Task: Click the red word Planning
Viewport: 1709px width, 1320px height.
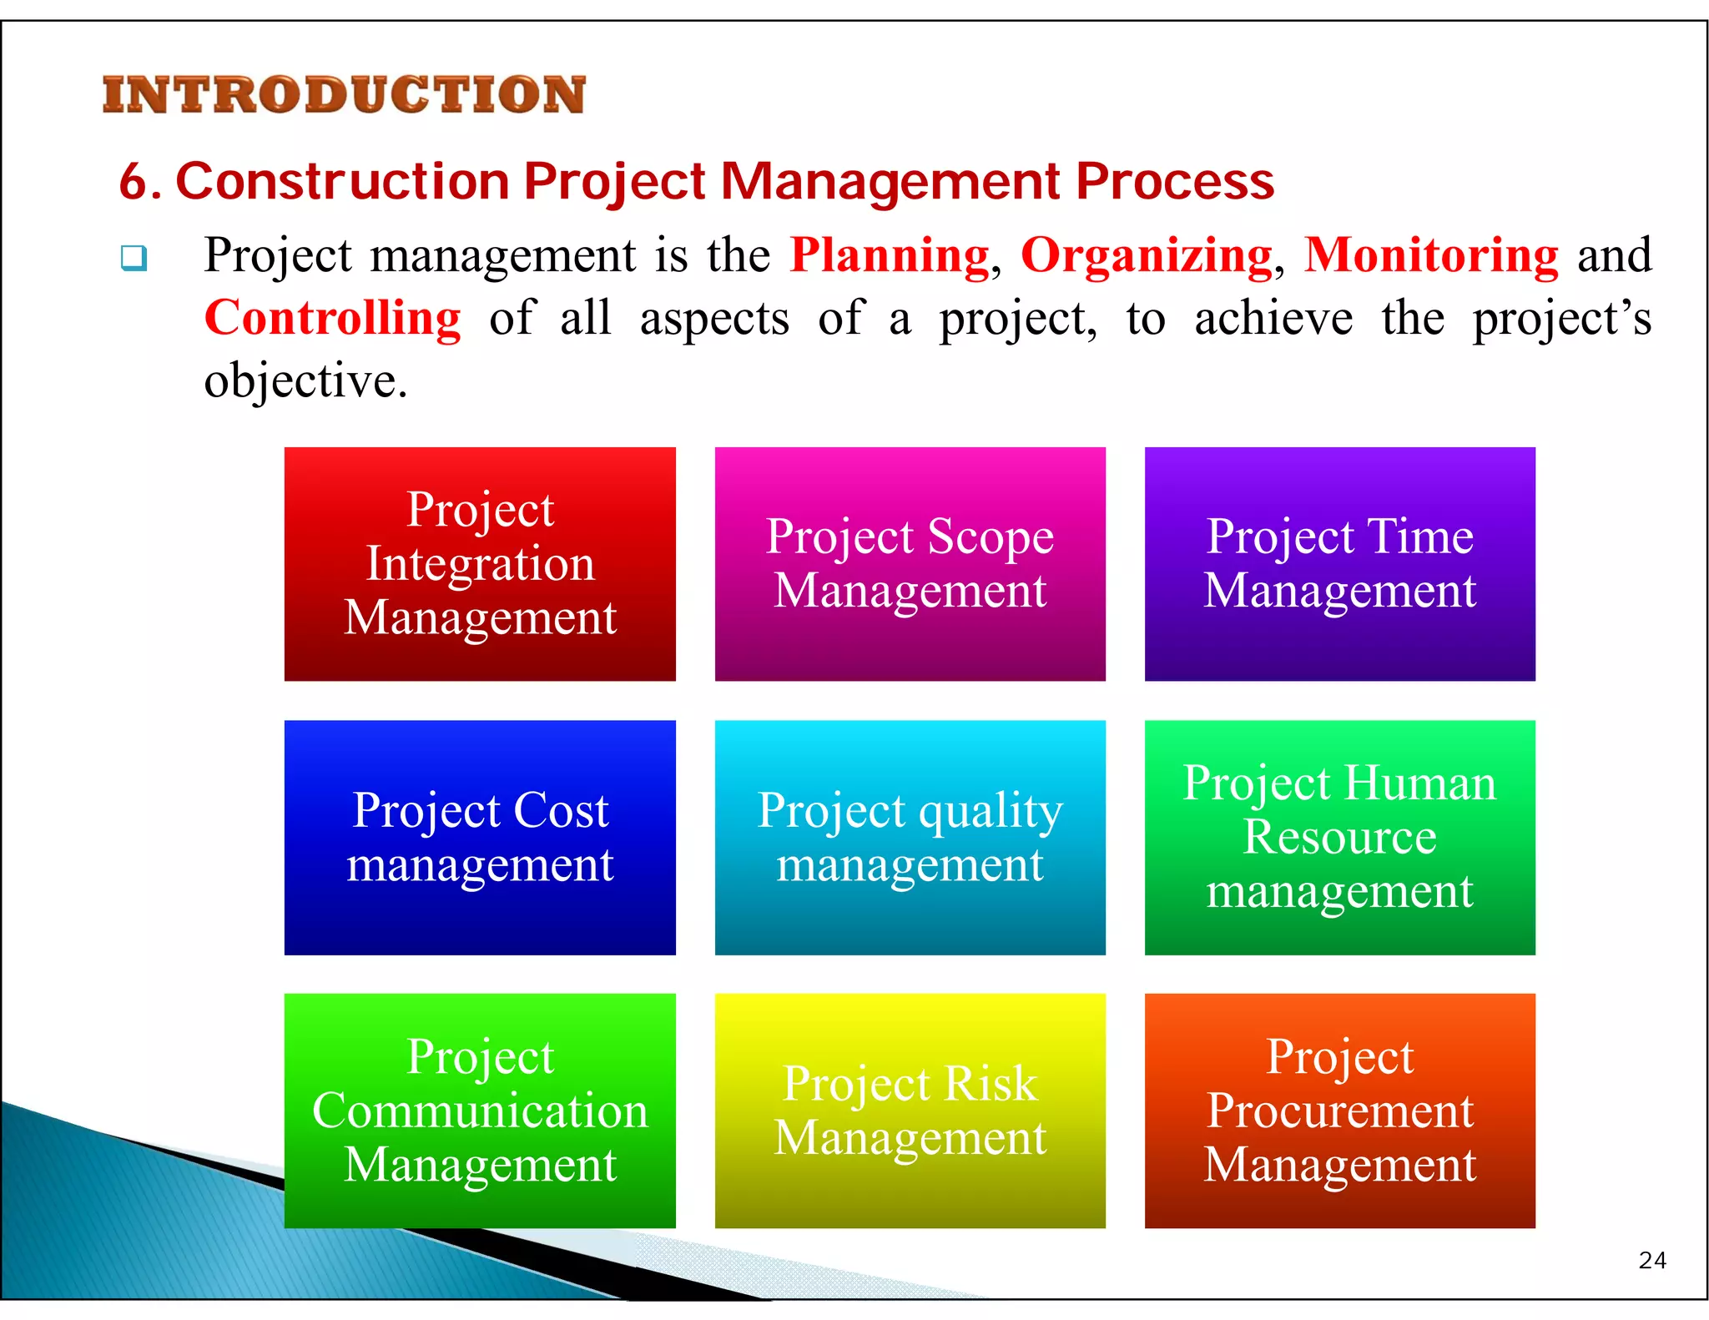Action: [889, 255]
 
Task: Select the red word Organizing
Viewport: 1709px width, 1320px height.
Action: [1147, 255]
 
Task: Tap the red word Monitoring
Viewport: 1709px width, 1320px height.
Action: [1431, 255]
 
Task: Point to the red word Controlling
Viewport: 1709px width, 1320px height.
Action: [332, 318]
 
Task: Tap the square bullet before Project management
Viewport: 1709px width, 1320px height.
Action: [134, 257]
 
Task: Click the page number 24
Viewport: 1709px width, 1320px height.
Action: [1652, 1260]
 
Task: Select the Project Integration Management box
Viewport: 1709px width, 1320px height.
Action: [480, 564]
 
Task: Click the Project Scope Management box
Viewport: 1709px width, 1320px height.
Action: [910, 564]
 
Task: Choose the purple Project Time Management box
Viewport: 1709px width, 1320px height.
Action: [1339, 564]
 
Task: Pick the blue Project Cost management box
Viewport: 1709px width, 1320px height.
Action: [480, 837]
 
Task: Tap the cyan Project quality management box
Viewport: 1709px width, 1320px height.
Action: [910, 837]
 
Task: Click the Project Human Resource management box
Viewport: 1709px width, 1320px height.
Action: [1339, 837]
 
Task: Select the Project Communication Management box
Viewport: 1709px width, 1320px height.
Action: [480, 1110]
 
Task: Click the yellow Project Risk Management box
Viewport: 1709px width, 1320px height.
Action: [910, 1110]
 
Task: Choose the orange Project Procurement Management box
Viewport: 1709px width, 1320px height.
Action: [1339, 1110]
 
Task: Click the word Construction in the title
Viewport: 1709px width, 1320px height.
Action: [342, 182]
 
